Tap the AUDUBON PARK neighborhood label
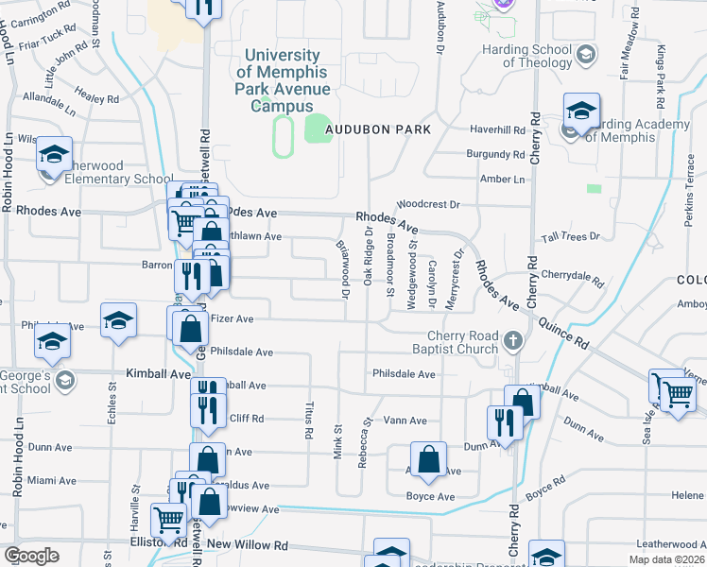coord(378,129)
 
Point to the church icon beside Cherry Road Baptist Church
coord(513,340)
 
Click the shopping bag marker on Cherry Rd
coord(522,402)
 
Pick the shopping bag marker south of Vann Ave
coord(428,459)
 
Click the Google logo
coord(30,555)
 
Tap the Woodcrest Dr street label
coord(427,204)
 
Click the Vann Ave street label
coord(405,421)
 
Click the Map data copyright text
coord(666,559)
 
